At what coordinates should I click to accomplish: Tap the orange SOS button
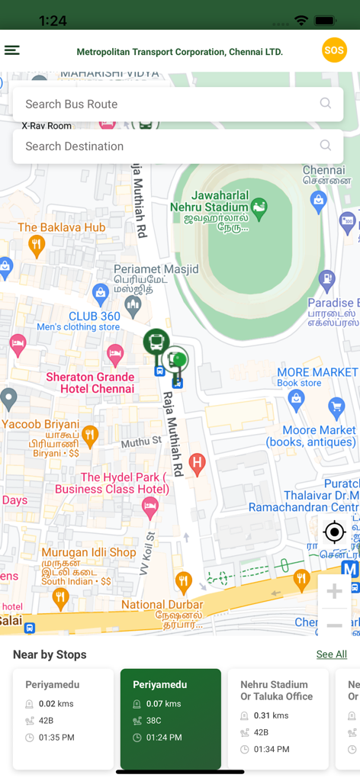click(334, 51)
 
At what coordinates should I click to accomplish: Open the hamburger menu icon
click(12, 50)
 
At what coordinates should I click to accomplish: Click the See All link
click(331, 654)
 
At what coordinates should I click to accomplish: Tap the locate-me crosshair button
click(334, 532)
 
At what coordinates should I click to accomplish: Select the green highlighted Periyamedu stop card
click(171, 718)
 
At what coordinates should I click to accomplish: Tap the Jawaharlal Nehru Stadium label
click(209, 201)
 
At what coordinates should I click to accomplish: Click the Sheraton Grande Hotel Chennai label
click(90, 383)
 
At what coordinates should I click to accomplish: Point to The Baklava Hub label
click(62, 227)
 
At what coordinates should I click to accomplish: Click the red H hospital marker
click(197, 462)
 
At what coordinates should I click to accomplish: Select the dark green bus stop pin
click(156, 342)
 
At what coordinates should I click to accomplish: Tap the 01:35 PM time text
click(57, 738)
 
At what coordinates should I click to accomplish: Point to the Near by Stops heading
click(50, 654)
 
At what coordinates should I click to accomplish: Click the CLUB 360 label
click(94, 316)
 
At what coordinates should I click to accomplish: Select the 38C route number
click(153, 721)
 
